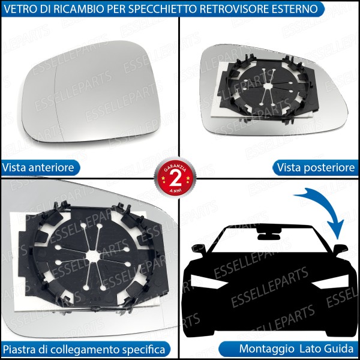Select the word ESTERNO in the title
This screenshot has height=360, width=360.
tap(293, 9)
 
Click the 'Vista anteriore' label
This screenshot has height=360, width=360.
tap(38, 167)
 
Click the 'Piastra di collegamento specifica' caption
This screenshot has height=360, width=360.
tap(83, 349)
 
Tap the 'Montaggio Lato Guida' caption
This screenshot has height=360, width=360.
tap(296, 349)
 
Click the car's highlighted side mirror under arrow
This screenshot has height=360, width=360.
tap(340, 248)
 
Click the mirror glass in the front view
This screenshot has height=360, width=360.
tap(94, 90)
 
